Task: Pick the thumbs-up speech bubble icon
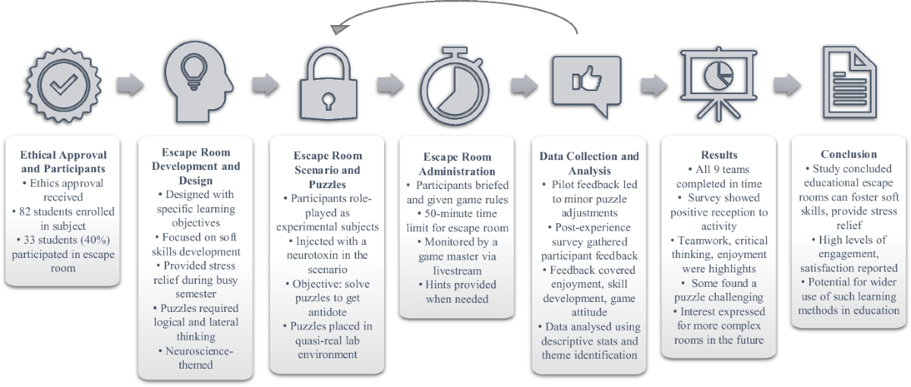(x=588, y=85)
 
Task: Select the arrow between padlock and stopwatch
(x=389, y=83)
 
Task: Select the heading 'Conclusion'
(x=848, y=154)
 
